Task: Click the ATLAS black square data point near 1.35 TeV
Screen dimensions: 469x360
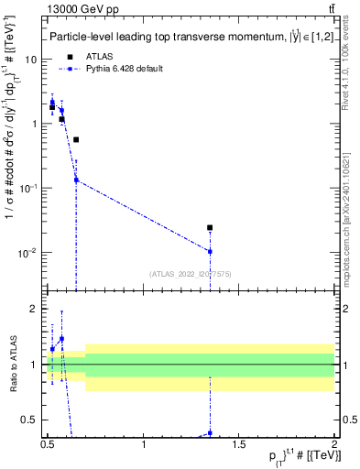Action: point(210,227)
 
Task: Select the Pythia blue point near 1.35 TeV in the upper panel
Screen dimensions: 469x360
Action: point(210,251)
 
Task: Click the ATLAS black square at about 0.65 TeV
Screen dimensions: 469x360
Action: point(76,140)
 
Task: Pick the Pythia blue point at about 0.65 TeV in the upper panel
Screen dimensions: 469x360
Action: point(76,180)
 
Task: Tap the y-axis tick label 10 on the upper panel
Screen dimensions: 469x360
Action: point(29,60)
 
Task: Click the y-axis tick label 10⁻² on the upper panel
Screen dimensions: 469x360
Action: point(27,253)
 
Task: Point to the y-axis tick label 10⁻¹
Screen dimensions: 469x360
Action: point(27,189)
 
